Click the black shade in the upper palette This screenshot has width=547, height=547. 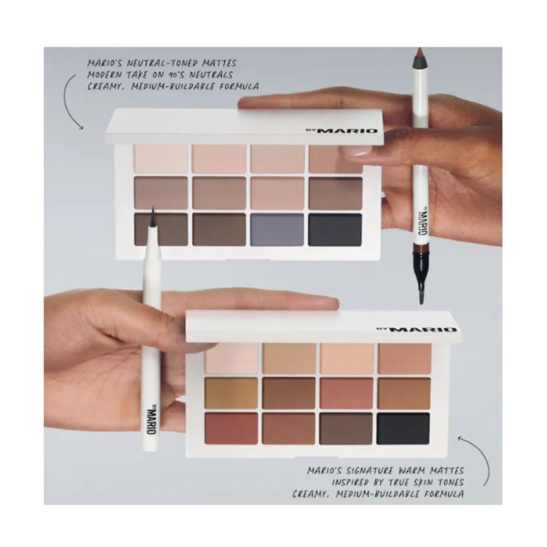tap(335, 230)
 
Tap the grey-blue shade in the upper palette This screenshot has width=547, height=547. tap(277, 230)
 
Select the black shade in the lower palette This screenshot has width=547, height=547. tap(403, 429)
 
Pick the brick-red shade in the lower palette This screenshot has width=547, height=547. tap(231, 429)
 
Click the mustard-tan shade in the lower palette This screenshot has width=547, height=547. tap(231, 392)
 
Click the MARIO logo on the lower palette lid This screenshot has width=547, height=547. tap(416, 330)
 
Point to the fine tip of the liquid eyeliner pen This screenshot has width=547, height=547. tap(152, 207)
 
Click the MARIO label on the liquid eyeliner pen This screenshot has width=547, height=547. tap(150, 418)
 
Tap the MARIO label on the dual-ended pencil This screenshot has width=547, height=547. tap(422, 224)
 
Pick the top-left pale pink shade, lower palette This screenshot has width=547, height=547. tap(231, 358)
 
